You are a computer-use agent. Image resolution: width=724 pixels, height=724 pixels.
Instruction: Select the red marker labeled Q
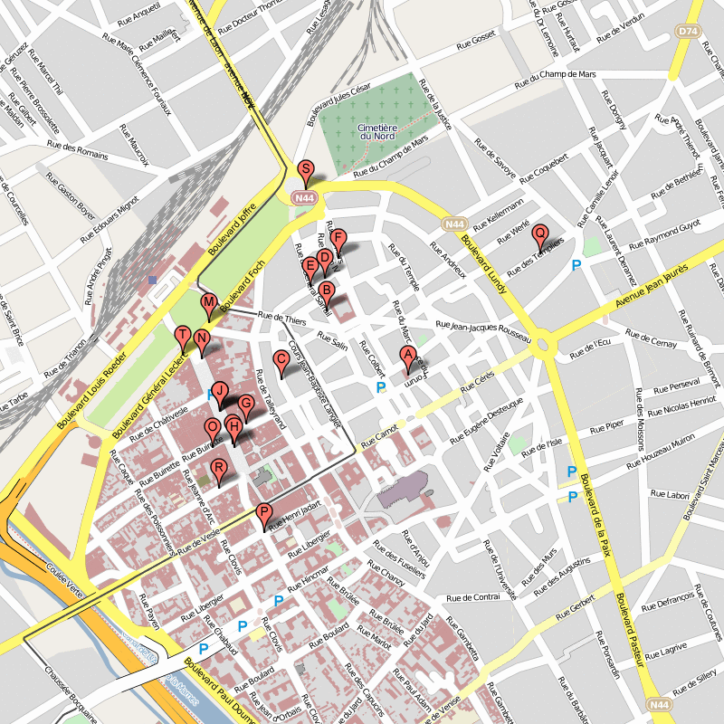(540, 234)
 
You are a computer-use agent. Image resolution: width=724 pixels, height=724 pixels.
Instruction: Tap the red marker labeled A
(407, 357)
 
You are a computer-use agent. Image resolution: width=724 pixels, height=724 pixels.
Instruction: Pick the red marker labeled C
(281, 361)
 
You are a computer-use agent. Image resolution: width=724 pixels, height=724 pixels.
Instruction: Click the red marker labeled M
(208, 305)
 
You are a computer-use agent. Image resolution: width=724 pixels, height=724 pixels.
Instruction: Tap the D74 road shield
(688, 32)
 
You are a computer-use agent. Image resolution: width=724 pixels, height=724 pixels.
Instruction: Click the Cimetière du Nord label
(377, 132)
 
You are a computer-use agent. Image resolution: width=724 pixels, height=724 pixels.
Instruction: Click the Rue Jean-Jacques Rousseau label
(481, 329)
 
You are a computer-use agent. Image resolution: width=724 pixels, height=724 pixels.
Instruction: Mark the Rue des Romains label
(78, 149)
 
